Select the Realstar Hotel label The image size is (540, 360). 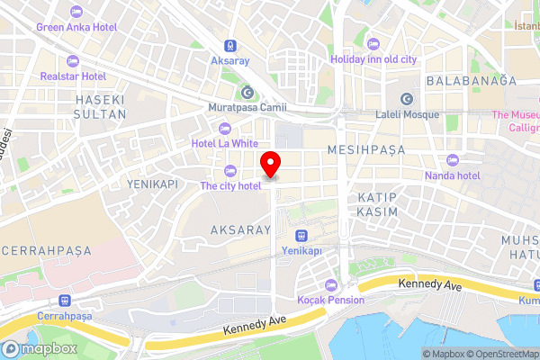click(x=73, y=76)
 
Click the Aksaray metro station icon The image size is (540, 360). click(x=231, y=44)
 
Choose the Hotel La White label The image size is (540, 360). click(x=225, y=143)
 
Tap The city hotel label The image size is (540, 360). click(x=230, y=185)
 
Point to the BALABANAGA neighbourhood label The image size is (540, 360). click(x=472, y=80)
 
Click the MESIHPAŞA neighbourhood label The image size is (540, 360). click(x=366, y=148)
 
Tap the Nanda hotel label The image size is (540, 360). click(x=452, y=175)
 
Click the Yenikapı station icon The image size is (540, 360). click(x=301, y=234)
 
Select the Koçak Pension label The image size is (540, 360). click(x=331, y=300)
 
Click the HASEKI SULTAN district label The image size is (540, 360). click(x=99, y=104)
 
